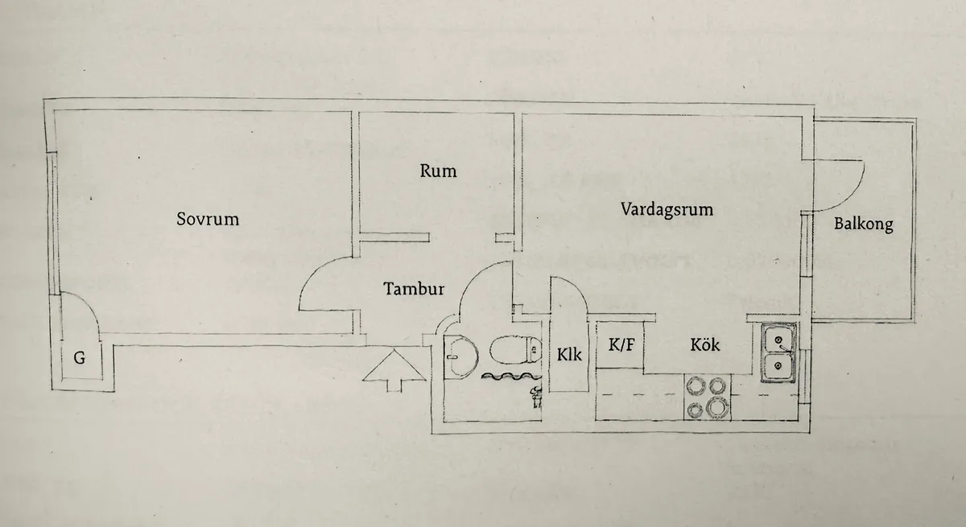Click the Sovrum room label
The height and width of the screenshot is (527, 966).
coord(208,220)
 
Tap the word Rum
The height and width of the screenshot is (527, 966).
coord(438,171)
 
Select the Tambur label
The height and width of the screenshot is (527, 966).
coord(414,288)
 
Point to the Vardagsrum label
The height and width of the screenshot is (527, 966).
coord(667,210)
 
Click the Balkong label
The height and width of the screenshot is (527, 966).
coord(863,224)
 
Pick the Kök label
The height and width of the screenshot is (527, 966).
coord(704,344)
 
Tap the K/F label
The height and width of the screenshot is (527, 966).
coord(621,344)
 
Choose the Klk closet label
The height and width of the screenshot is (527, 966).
coord(569,355)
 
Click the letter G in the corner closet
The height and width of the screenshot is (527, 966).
coord(80,358)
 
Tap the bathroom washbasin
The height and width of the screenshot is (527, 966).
coord(460,356)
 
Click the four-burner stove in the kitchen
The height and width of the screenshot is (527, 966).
coord(708,397)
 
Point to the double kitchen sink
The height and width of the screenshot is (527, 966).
coord(779,353)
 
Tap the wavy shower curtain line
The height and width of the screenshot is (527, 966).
coord(511,377)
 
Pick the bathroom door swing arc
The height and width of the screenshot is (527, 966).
coord(473,276)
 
